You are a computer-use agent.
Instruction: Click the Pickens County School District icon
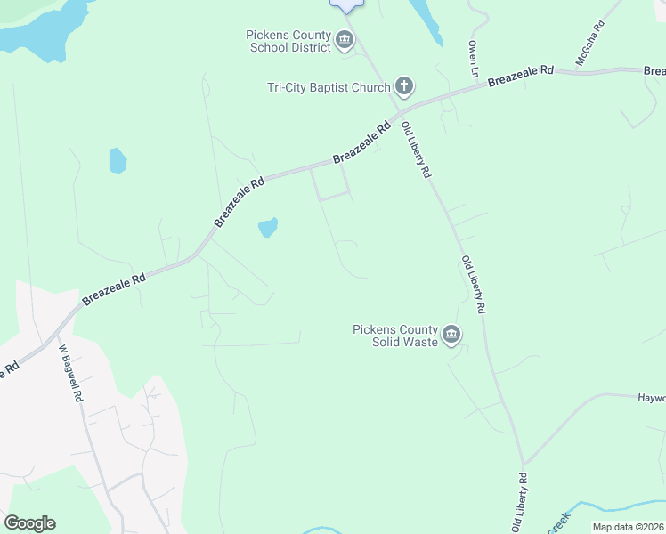345,40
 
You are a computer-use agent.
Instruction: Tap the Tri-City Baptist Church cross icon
404,86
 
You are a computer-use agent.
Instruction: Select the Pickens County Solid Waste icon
451,335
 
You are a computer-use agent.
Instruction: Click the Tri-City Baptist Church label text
329,87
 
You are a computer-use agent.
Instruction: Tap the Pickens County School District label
289,41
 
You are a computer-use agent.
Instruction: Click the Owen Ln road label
474,57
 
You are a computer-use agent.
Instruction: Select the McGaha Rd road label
589,42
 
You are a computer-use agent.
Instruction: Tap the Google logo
29,523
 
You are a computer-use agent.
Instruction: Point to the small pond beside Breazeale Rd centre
268,228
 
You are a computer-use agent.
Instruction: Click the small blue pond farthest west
117,160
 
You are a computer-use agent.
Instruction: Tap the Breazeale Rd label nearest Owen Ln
521,76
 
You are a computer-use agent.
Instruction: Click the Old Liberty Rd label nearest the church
416,150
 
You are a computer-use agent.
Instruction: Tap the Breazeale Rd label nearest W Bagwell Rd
113,289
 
